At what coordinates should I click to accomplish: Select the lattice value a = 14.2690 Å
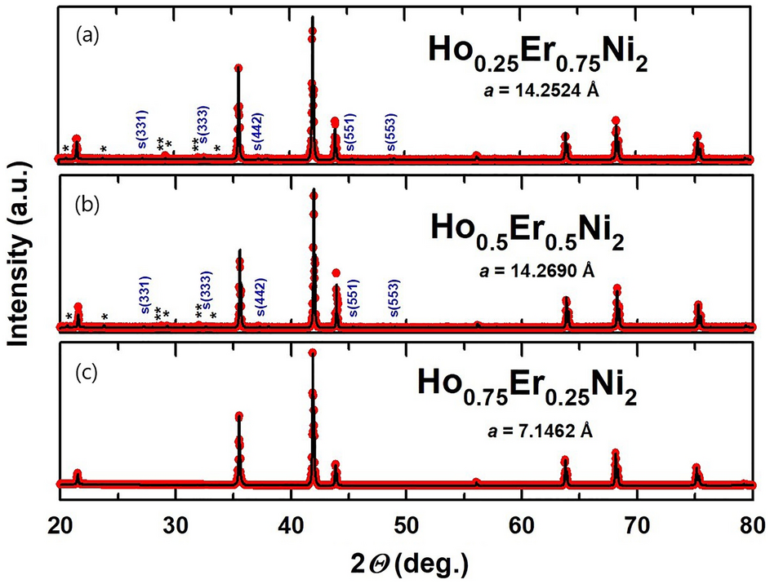click(x=537, y=268)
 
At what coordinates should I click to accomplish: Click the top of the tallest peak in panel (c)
click(x=312, y=352)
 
